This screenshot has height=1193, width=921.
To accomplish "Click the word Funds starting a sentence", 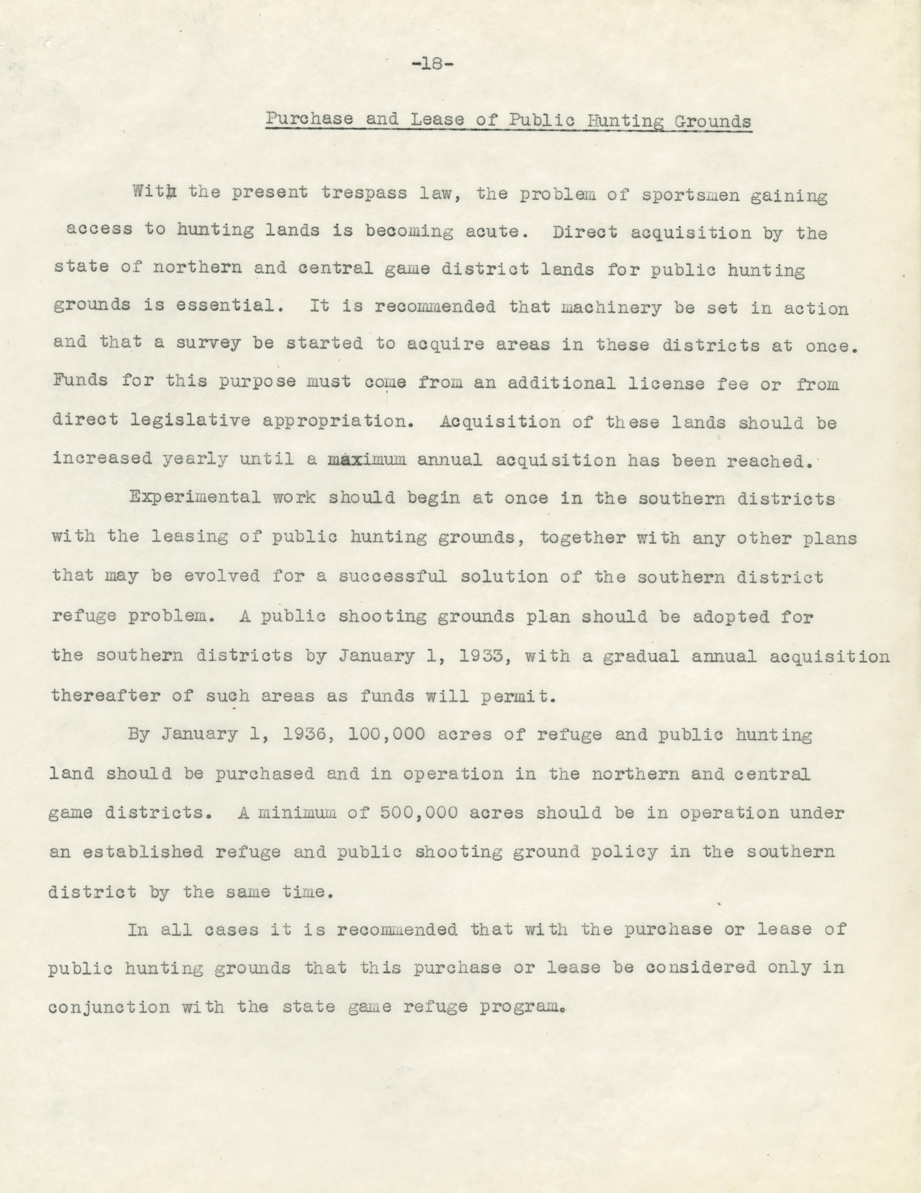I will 80,380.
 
